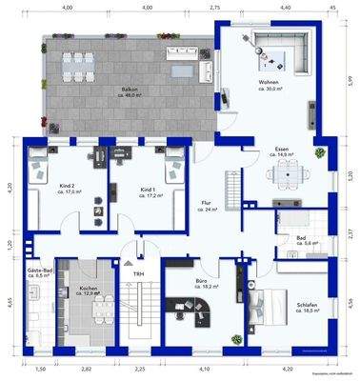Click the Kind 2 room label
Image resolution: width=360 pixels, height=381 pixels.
tap(66, 188)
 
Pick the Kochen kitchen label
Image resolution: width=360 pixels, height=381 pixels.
tap(88, 289)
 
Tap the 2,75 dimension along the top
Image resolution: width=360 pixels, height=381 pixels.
tap(215, 8)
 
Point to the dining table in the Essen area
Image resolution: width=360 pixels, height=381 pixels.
tap(285, 172)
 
